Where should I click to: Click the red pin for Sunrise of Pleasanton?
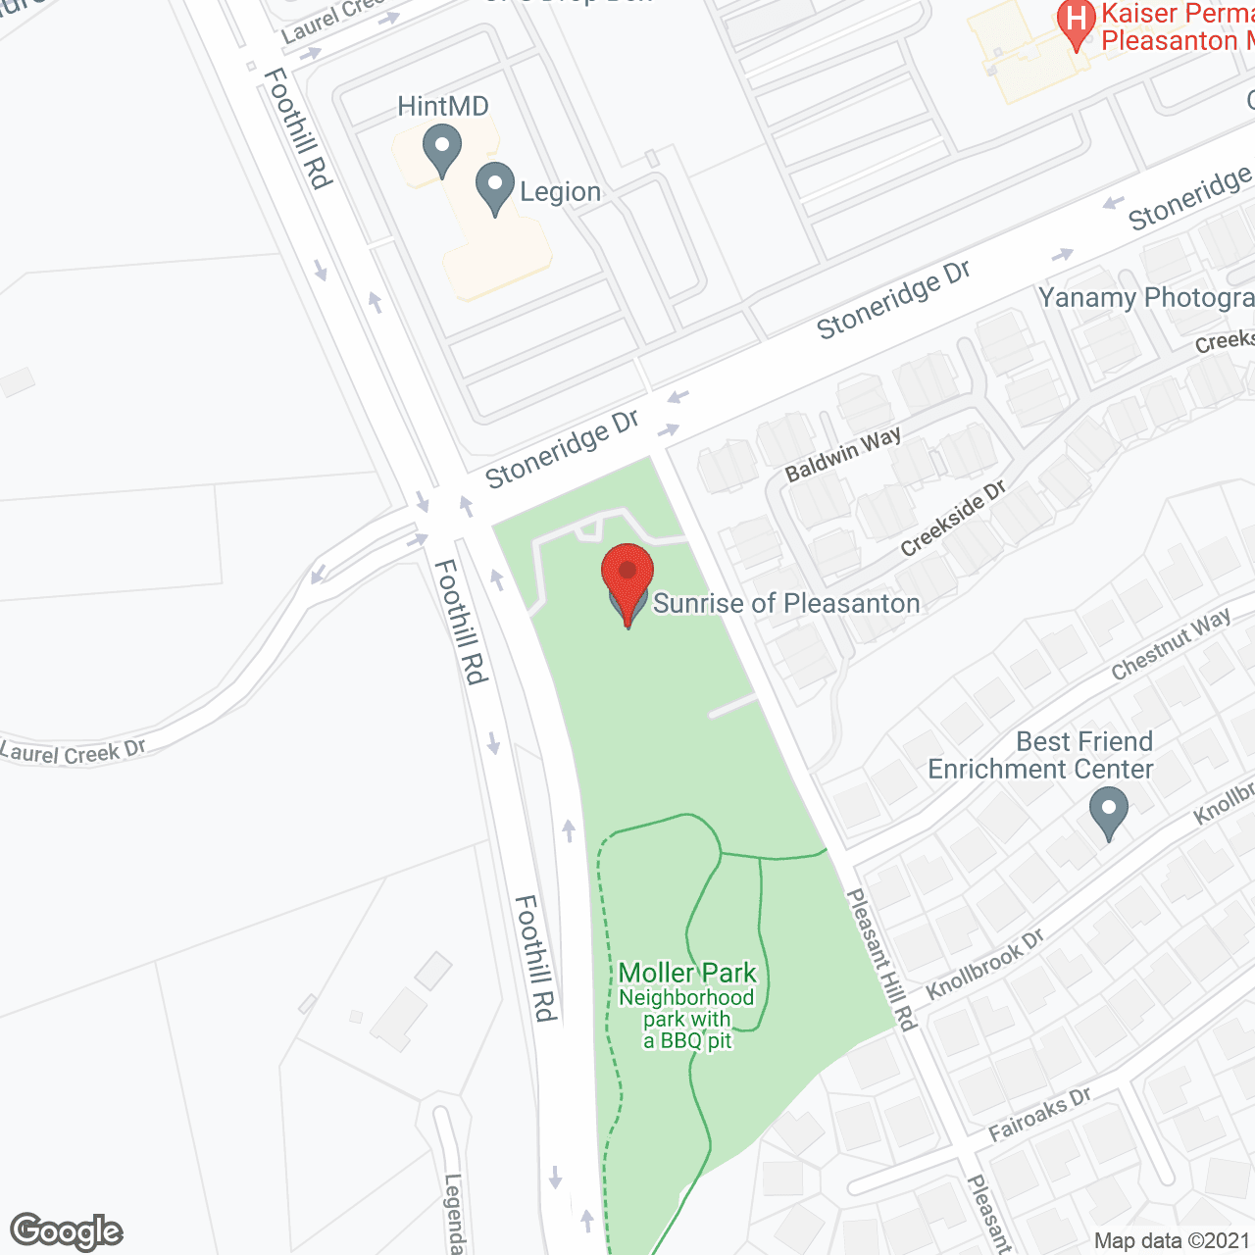click(627, 575)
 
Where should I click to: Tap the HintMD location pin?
click(442, 151)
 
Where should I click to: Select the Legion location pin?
click(495, 185)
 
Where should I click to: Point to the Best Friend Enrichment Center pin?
click(1109, 811)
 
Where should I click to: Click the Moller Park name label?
click(687, 973)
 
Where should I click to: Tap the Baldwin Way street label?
click(843, 454)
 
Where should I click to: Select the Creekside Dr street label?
click(953, 519)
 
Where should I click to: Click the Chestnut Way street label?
click(1171, 644)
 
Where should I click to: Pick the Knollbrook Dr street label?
click(984, 964)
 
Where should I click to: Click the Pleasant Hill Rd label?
click(880, 959)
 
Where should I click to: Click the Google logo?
click(66, 1231)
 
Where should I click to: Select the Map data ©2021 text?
click(1172, 1240)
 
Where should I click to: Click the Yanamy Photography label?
click(1146, 297)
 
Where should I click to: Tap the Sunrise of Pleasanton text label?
click(786, 603)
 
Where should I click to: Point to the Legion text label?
click(560, 192)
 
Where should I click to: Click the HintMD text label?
click(443, 106)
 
